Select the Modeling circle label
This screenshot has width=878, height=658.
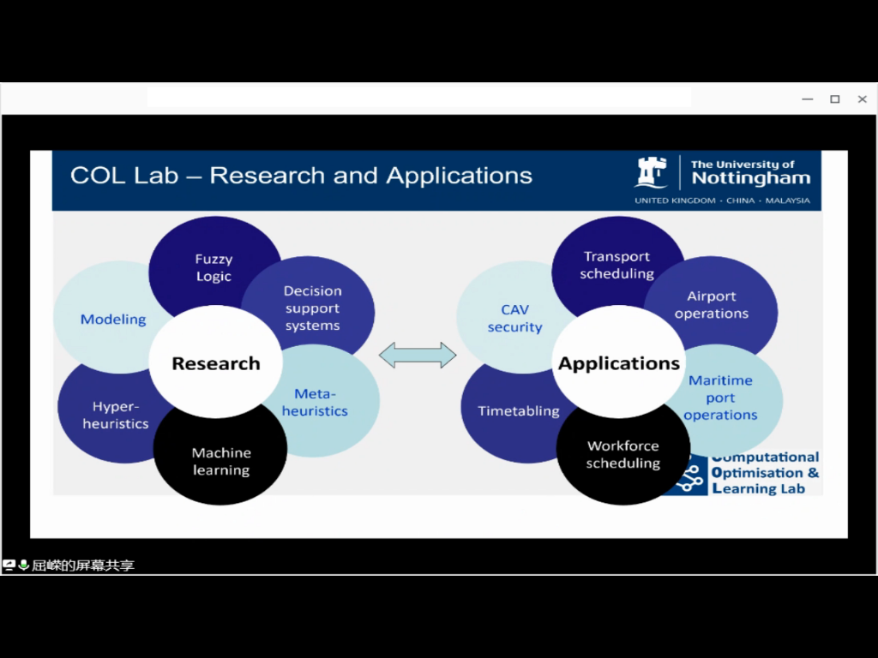coord(113,320)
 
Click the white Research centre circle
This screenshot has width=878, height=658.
coord(216,363)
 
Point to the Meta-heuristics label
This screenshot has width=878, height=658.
coord(315,403)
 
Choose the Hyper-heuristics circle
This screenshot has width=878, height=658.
coord(115,416)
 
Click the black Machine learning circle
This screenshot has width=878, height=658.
coord(221,461)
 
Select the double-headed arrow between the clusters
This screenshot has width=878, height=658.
coord(418,355)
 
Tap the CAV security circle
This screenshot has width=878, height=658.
coord(514,318)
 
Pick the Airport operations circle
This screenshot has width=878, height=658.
coord(712,305)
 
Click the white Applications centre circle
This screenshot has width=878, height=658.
coord(619,363)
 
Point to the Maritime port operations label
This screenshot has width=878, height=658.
coord(720,398)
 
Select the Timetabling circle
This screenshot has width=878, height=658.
coord(518,411)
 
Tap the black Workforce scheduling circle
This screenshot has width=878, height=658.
coord(623,454)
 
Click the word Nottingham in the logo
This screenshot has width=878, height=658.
coord(750,178)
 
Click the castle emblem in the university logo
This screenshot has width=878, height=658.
coord(651,172)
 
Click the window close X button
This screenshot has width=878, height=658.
coord(863,99)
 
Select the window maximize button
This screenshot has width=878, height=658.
coord(834,99)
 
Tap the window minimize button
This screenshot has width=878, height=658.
coord(807,99)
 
